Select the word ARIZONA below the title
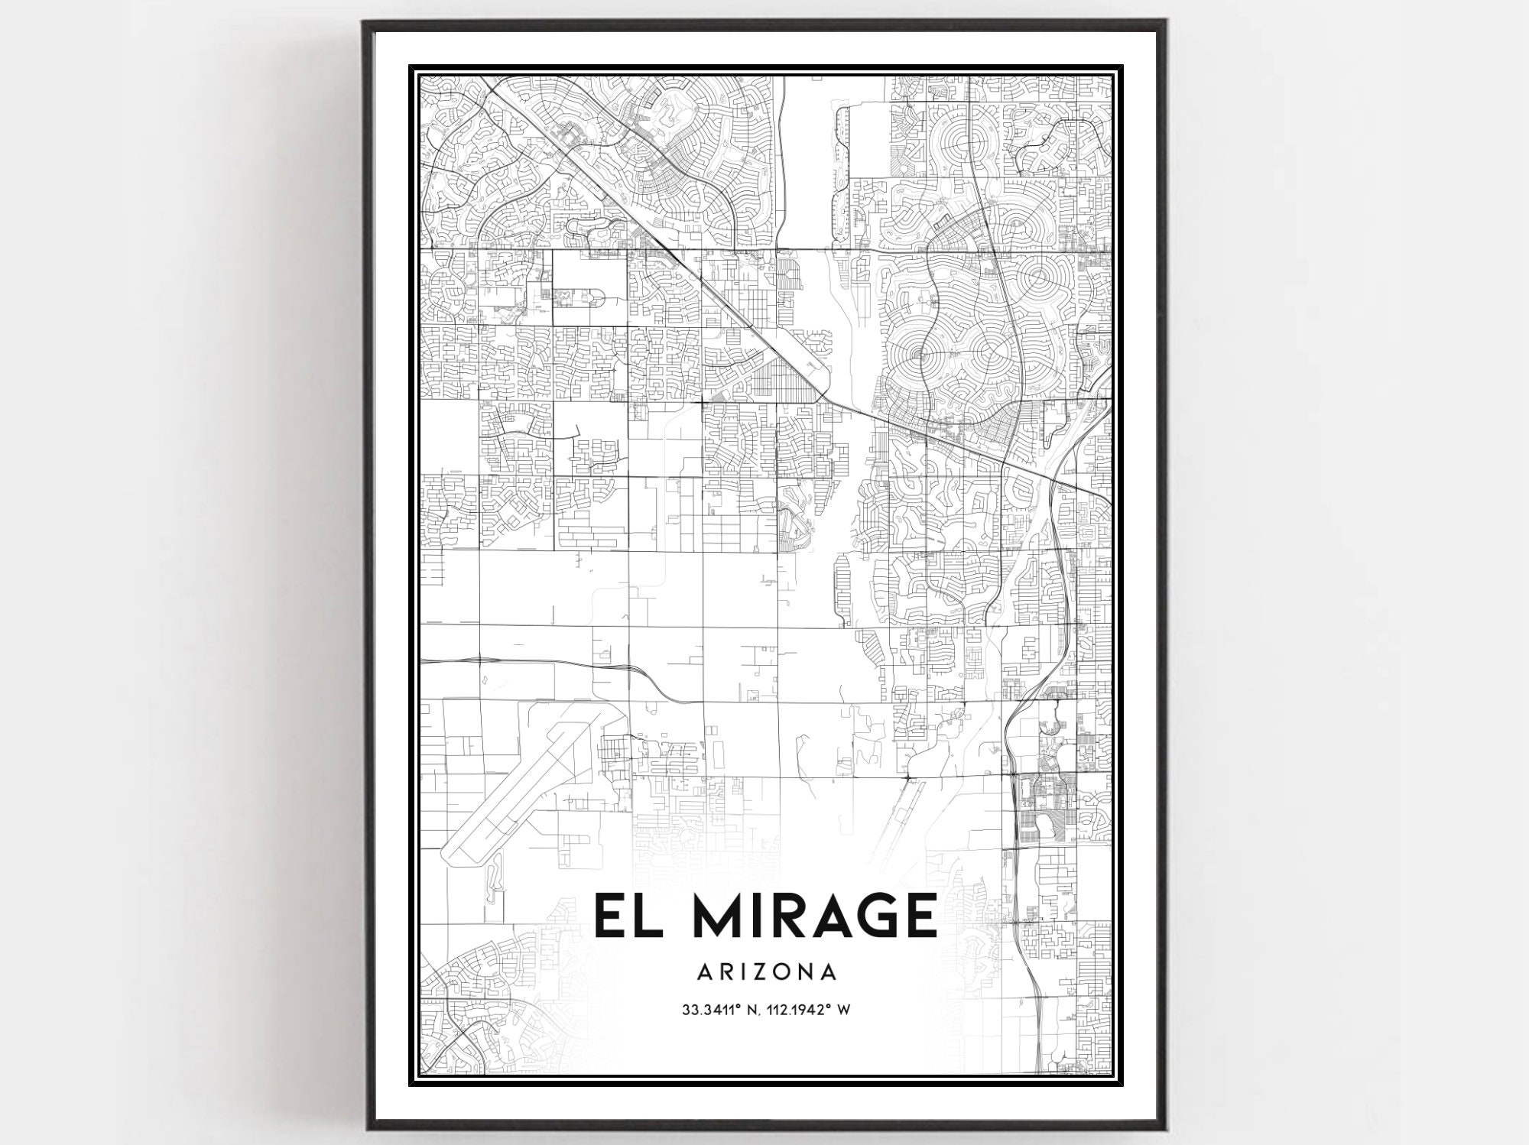766,972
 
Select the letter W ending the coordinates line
845,1010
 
